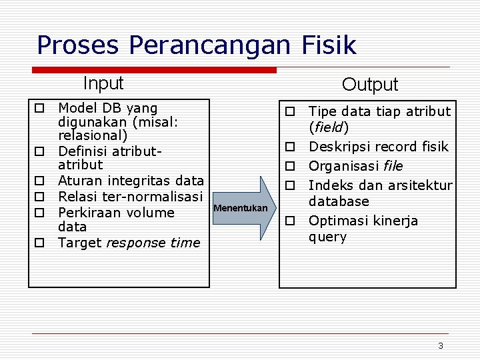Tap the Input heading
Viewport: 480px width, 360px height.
click(x=103, y=83)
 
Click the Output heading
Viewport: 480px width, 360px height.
click(x=369, y=85)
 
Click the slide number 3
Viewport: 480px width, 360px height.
click(x=440, y=345)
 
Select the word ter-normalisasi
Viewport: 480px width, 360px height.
click(x=159, y=196)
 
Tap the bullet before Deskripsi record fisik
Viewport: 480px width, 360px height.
click(x=291, y=147)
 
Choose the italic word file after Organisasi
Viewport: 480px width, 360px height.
click(x=393, y=166)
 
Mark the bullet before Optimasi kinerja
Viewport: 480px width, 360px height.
click(x=291, y=221)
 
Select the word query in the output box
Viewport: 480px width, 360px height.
click(x=327, y=237)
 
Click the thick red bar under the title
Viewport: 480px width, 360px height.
click(x=155, y=69)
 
